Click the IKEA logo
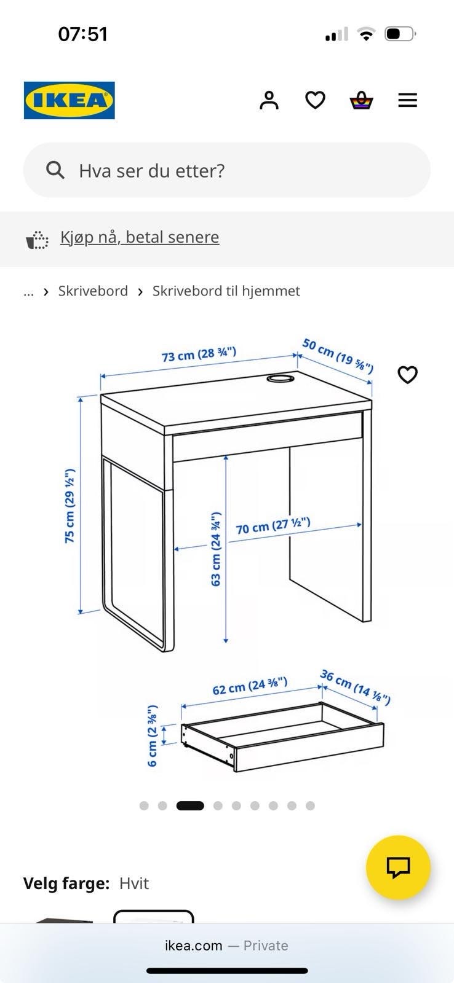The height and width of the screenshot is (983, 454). point(70,100)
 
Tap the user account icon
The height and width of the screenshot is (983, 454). point(269,101)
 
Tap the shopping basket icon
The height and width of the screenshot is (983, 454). point(361,101)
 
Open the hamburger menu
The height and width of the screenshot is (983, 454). point(408,101)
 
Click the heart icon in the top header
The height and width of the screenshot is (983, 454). point(315,101)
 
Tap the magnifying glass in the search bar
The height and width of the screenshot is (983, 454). point(55,170)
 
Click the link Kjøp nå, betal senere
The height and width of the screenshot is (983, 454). point(140,237)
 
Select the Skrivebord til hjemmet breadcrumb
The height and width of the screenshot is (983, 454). point(226,291)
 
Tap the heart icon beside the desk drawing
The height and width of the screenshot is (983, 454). point(407,374)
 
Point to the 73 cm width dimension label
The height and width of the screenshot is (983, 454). point(199,354)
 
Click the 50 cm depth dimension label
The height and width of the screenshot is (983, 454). point(338,356)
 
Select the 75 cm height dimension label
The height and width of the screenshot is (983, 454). point(70,506)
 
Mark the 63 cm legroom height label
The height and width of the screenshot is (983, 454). point(216,549)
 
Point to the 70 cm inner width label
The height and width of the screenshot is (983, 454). point(273,526)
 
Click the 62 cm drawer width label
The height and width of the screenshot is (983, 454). point(250,686)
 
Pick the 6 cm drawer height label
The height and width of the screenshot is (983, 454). point(152,736)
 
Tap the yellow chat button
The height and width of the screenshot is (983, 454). point(398,867)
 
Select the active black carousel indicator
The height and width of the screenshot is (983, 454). point(190,805)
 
